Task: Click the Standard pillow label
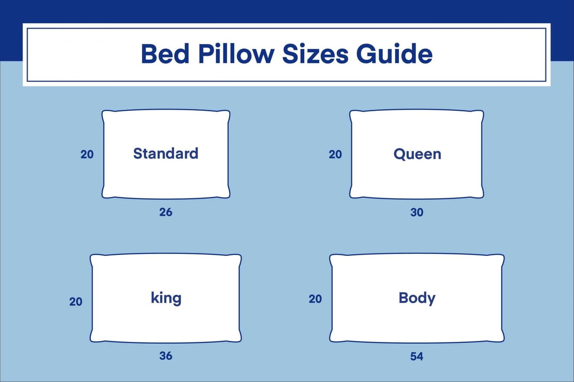coord(166,154)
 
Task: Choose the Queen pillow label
coord(417,154)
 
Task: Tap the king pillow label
coord(166,298)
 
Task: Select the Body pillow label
coord(417,298)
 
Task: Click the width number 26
coord(166,212)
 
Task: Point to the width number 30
coord(417,212)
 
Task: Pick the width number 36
coord(166,356)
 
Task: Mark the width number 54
coord(417,356)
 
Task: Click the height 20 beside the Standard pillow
coord(87,154)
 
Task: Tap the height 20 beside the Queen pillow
coord(335,154)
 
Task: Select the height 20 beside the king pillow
coord(76,302)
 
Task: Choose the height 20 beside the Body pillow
coord(315,299)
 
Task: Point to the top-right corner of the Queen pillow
coord(480,114)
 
